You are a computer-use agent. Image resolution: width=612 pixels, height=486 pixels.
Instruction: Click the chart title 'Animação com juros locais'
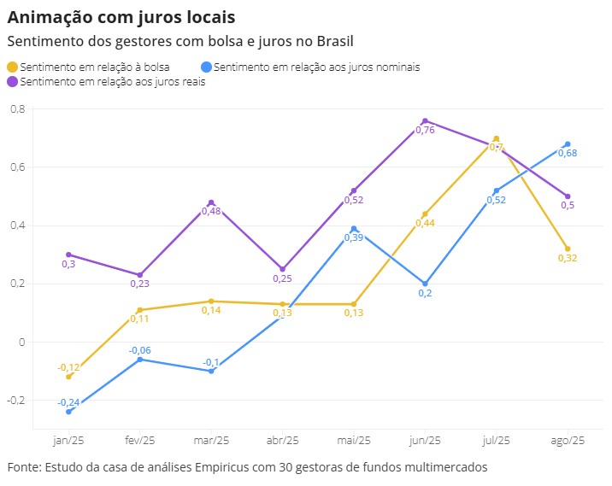[x=121, y=17]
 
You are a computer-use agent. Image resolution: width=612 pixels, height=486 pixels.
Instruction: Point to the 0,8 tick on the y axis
[x=18, y=108]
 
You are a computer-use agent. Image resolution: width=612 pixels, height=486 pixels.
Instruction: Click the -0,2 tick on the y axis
[x=16, y=400]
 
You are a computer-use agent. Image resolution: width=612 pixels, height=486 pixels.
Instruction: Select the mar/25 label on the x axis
[x=211, y=441]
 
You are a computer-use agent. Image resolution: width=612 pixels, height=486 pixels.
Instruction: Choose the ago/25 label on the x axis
[x=567, y=441]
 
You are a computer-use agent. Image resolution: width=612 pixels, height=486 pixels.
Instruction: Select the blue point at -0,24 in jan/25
[x=68, y=412]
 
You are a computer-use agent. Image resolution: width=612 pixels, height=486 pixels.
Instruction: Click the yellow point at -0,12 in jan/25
[x=68, y=377]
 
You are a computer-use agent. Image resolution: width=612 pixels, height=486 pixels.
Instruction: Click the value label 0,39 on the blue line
[x=353, y=238]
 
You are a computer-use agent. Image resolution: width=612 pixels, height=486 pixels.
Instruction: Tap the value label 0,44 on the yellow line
[x=425, y=223]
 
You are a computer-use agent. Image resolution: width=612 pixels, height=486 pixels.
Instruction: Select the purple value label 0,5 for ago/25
[x=568, y=205]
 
